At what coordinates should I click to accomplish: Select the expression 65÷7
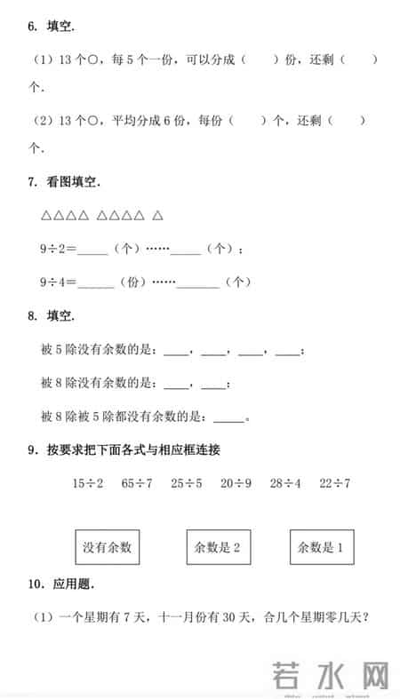coord(136,483)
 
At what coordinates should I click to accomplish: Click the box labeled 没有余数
coord(107,547)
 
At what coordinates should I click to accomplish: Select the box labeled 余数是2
coord(217,547)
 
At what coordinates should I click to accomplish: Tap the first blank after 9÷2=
coord(93,250)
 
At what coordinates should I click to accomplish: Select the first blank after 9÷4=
coord(97,282)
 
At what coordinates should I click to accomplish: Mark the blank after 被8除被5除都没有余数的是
coord(228,416)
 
